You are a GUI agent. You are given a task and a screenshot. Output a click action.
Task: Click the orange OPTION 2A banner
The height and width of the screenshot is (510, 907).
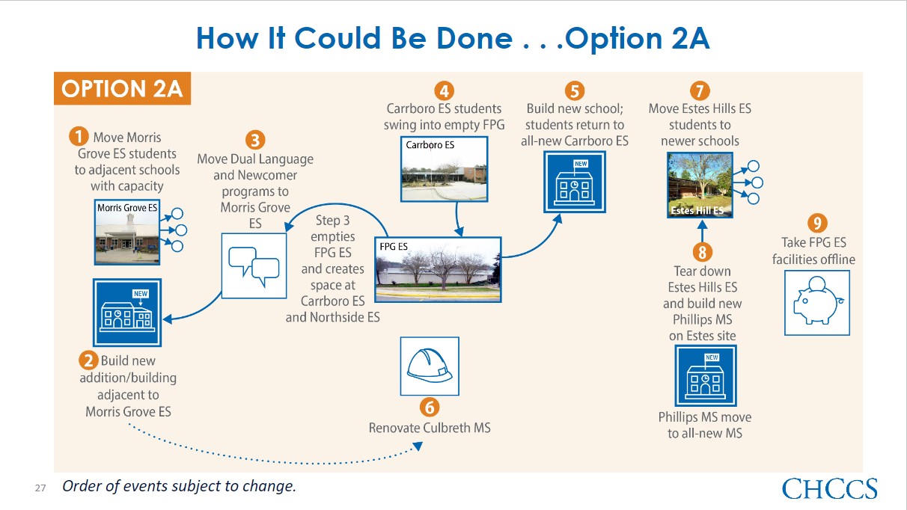click(x=122, y=88)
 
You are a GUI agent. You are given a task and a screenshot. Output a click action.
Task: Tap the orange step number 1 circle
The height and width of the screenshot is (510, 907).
click(x=79, y=136)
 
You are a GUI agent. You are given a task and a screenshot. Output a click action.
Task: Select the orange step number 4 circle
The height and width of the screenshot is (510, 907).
click(x=445, y=90)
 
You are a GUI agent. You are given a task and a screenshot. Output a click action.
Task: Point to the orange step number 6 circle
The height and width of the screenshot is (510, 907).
click(x=430, y=408)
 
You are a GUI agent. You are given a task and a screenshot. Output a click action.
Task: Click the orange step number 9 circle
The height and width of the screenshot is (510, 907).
click(x=817, y=223)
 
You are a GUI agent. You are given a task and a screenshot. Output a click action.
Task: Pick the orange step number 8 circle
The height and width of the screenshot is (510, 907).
click(x=703, y=252)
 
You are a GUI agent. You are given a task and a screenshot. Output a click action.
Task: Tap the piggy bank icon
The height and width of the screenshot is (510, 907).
click(x=817, y=303)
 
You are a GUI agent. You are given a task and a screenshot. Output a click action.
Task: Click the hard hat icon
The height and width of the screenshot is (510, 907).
click(x=430, y=366)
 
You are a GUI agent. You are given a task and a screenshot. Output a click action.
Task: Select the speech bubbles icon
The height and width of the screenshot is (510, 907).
click(x=254, y=265)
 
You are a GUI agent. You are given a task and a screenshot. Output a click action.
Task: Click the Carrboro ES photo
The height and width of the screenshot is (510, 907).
click(x=445, y=169)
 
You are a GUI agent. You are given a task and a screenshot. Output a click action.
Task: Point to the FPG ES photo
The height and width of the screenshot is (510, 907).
click(x=438, y=269)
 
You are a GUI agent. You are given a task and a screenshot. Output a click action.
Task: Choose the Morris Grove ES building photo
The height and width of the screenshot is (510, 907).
click(x=127, y=232)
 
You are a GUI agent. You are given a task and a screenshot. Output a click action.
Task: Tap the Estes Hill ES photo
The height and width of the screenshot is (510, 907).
click(x=700, y=185)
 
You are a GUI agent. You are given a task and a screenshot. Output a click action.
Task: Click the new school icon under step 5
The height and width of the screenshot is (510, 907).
click(x=575, y=182)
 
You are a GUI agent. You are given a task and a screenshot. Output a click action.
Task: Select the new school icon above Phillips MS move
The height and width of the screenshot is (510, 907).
click(x=706, y=375)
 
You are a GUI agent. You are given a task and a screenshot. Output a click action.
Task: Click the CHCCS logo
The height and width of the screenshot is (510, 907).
click(x=830, y=488)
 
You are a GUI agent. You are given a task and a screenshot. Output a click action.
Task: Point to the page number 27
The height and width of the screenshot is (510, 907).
click(x=40, y=488)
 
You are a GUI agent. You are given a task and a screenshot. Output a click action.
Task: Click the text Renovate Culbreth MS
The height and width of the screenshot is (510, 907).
click(x=430, y=428)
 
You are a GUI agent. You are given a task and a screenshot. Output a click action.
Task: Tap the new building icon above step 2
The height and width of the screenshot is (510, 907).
click(x=127, y=312)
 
